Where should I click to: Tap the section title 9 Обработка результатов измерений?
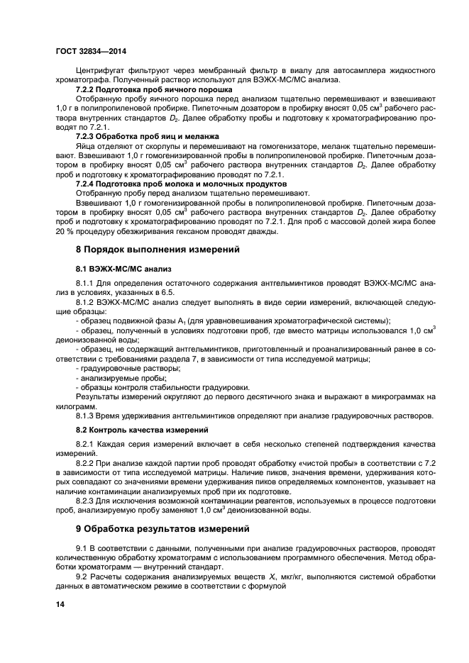[x=162, y=528]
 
